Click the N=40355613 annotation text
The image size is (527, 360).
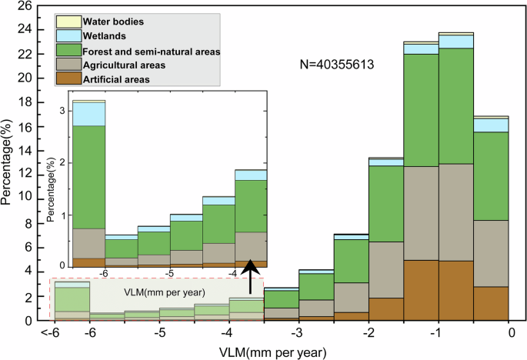pos(336,65)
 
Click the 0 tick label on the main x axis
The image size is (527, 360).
pos(510,332)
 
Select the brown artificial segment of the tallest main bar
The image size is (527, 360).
pos(456,290)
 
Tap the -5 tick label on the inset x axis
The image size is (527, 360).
pos(170,273)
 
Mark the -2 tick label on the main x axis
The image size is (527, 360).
pos(369,332)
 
